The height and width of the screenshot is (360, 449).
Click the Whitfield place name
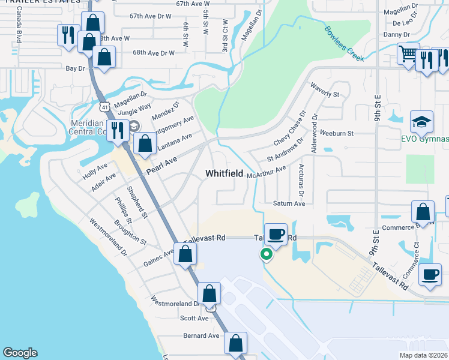click(x=224, y=173)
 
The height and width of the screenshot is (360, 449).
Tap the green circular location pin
click(x=266, y=255)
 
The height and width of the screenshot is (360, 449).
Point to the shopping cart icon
click(x=408, y=54)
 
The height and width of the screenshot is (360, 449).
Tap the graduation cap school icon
click(x=421, y=121)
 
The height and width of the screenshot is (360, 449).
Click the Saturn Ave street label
click(x=289, y=204)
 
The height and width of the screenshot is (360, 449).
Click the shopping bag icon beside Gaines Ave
click(x=185, y=253)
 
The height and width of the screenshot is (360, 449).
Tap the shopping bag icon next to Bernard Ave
click(x=236, y=343)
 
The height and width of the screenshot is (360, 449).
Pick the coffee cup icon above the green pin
click(x=276, y=233)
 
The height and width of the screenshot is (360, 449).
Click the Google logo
click(x=20, y=353)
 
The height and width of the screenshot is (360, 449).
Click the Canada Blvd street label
click(x=19, y=29)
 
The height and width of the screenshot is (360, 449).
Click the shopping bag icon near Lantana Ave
click(x=145, y=144)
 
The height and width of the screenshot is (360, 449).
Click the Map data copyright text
click(x=423, y=355)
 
